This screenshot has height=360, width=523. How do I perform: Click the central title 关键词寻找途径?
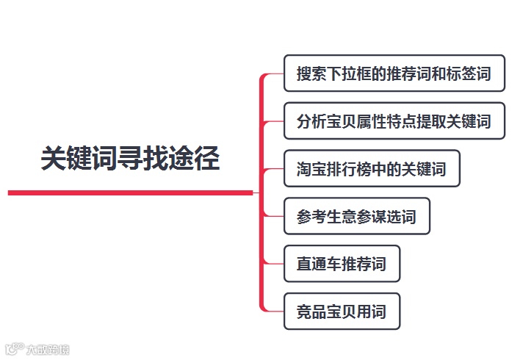click(130, 159)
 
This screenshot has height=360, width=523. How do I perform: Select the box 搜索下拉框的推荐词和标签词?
click(394, 73)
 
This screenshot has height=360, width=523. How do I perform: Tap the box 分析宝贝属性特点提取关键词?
click(394, 120)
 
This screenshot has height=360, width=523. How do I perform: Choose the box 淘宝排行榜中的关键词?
click(372, 169)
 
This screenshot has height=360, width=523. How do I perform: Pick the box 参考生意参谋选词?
click(356, 217)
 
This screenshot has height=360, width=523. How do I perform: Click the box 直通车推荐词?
click(342, 264)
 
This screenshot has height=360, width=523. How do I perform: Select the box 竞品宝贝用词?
click(342, 312)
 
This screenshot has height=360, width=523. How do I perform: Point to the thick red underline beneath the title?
click(130, 192)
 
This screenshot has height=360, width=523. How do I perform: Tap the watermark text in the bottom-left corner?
click(48, 350)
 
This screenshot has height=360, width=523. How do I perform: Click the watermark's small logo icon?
click(15, 350)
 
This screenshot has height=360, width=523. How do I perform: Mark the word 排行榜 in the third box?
click(349, 169)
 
